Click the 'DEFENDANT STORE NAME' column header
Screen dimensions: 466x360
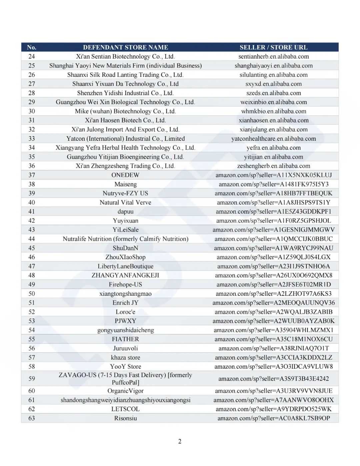pos(125,47)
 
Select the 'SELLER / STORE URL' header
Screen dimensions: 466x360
pos(273,47)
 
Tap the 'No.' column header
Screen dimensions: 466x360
pos(32,47)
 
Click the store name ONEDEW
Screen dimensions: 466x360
pos(125,175)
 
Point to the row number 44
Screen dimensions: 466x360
pos(32,239)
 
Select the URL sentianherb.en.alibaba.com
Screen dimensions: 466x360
pos(273,57)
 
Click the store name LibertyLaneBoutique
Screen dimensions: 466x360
pos(125,266)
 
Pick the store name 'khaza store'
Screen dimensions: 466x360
pos(125,357)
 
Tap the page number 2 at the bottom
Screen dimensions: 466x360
pos(180,442)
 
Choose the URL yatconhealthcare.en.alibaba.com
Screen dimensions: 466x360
pos(273,139)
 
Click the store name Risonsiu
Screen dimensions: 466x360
pos(125,418)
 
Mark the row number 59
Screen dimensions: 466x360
pos(32,379)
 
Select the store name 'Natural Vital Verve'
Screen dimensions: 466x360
pos(125,202)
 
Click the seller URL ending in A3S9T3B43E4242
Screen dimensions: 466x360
pos(273,379)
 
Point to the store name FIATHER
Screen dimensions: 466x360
pos(125,339)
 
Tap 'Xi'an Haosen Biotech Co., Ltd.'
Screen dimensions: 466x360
pos(125,120)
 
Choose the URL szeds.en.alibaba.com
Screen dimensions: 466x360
pos(273,93)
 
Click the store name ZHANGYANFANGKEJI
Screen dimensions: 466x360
pos(125,276)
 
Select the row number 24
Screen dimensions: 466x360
pos(32,57)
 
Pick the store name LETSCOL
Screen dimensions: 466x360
pos(125,409)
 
